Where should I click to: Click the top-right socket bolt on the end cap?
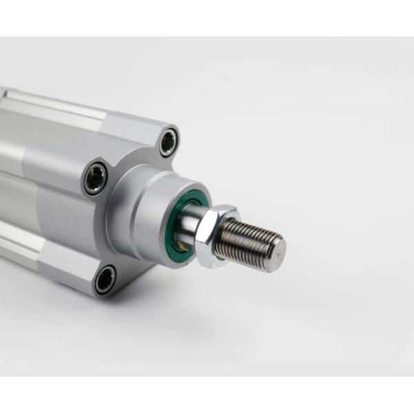pos(168,142)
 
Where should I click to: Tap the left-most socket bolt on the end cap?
pos(96,178)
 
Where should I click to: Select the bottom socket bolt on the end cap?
pos(104,279)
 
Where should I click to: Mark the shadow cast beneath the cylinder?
pos(207,304)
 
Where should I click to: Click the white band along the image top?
pos(207,17)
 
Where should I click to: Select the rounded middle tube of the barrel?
pos(34,166)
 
